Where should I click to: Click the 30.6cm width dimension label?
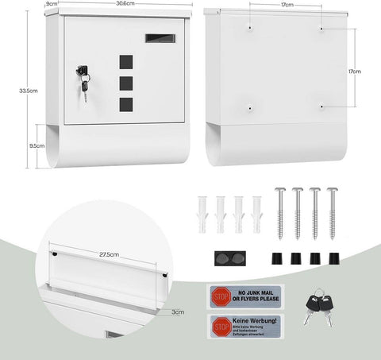click(122, 4)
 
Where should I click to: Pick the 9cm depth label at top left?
click(52, 4)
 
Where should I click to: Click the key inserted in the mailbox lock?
click(83, 79)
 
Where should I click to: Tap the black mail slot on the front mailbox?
click(156, 37)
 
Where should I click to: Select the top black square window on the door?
click(125, 61)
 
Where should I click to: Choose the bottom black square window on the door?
click(125, 103)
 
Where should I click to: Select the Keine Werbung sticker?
click(247, 325)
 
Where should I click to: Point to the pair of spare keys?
click(317, 305)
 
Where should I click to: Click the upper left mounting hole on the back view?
click(250, 29)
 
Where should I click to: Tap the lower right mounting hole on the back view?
click(321, 106)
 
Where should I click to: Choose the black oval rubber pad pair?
click(228, 257)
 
